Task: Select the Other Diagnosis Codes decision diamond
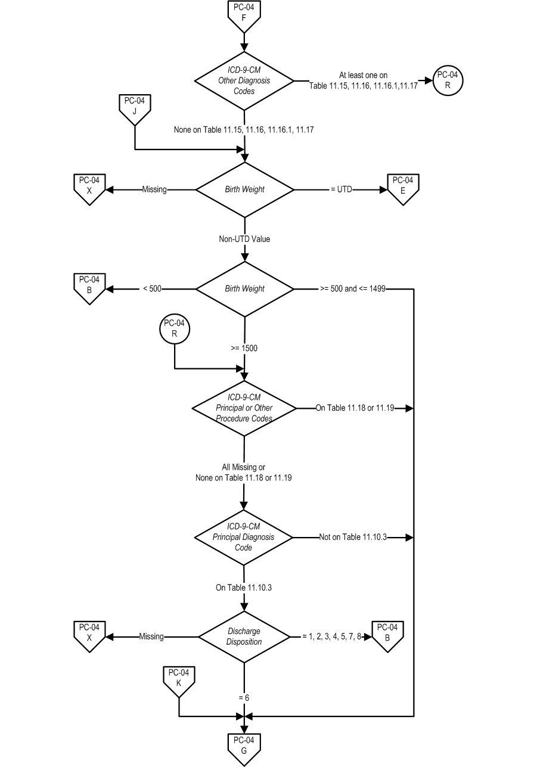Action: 244,81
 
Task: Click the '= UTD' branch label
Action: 342,190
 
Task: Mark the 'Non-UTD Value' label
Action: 244,239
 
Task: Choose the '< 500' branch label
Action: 152,288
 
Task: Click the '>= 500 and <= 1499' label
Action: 353,288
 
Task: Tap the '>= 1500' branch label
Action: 244,348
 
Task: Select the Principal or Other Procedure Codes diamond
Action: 244,408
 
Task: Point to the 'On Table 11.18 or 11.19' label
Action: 355,408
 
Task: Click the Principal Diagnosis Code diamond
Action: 244,537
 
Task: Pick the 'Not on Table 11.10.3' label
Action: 353,537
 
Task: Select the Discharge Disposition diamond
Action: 244,637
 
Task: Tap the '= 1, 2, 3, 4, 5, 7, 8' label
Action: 332,636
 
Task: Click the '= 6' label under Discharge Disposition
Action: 244,697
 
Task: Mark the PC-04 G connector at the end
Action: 244,749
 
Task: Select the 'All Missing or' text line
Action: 244,467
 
